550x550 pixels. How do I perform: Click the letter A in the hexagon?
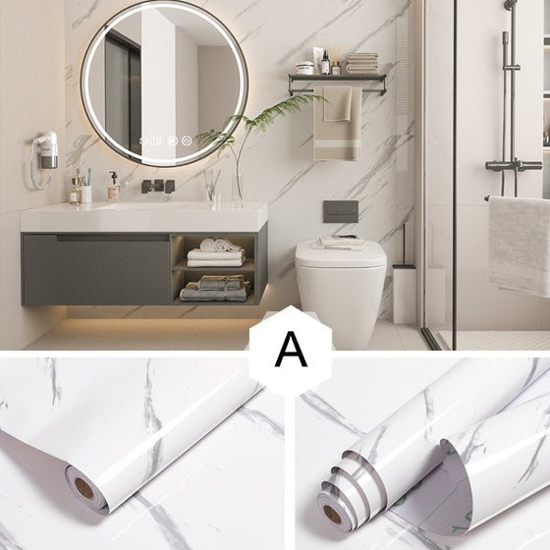pos(291,349)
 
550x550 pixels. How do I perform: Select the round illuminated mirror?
pos(165,83)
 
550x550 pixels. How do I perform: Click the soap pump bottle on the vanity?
pos(113,186)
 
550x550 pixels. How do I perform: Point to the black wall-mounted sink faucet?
pos(158,186)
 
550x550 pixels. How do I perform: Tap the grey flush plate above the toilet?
pos(341,211)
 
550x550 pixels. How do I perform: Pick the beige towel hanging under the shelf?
pos(338,123)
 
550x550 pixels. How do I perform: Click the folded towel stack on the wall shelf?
pos(361,63)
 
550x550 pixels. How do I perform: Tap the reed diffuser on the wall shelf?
pos(336,60)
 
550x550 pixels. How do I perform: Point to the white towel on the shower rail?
pos(520,246)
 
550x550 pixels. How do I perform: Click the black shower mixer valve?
pos(514,165)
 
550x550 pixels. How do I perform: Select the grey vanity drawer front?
pos(96,269)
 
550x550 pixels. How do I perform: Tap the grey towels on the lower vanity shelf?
pos(215,289)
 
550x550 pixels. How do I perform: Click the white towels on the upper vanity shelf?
pos(215,253)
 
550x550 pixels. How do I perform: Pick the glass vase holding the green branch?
pos(238,191)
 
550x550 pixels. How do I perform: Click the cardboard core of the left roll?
pos(84,488)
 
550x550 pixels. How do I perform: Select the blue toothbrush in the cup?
pos(89,177)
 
